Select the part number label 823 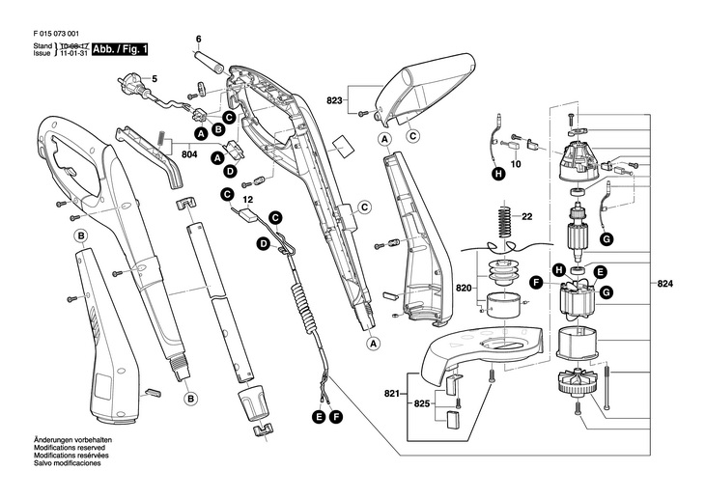(334, 99)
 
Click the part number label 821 (390, 394)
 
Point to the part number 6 (198, 40)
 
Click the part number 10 (515, 166)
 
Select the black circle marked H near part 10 (497, 175)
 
